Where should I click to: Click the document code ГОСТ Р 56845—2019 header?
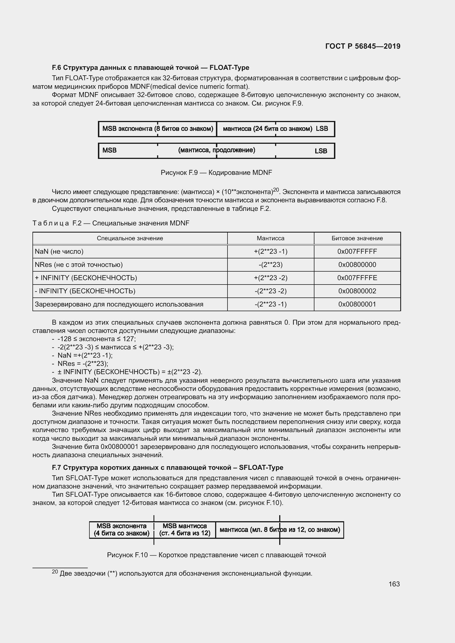pyautogui.click(x=363, y=46)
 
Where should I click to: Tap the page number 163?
pyautogui.click(x=394, y=584)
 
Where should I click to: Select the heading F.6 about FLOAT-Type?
pyautogui.click(x=150, y=68)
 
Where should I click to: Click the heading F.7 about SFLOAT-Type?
pyautogui.click(x=167, y=467)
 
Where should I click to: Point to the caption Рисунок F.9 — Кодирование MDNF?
pyautogui.click(x=216, y=173)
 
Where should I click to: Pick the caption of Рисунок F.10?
pyautogui.click(x=216, y=555)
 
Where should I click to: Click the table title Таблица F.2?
pyautogui.click(x=111, y=223)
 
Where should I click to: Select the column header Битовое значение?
pyautogui.click(x=357, y=238)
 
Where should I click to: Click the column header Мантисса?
pyautogui.click(x=270, y=238)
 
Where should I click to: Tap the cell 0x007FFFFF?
pyautogui.click(x=357, y=252)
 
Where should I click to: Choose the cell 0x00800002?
pyautogui.click(x=357, y=291)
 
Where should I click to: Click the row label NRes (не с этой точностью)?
pyautogui.click(x=79, y=265)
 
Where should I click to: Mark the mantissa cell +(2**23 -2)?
pyautogui.click(x=270, y=278)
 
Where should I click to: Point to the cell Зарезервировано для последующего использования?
pyautogui.click(x=119, y=304)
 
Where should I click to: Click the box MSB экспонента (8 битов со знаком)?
pyautogui.click(x=158, y=129)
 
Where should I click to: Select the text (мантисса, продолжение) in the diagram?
pyautogui.click(x=216, y=150)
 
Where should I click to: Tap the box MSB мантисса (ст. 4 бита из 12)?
pyautogui.click(x=185, y=529)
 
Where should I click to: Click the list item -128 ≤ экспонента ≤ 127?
pyautogui.click(x=97, y=339)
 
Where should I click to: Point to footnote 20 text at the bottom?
pyautogui.click(x=182, y=573)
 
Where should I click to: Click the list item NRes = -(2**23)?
pyautogui.click(x=83, y=363)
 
